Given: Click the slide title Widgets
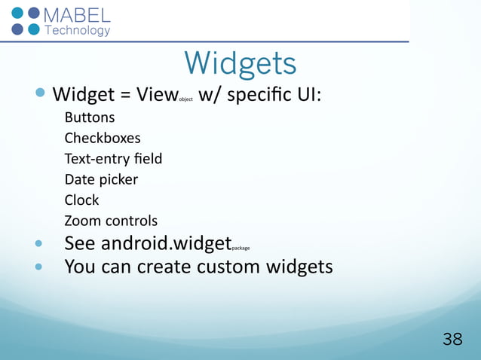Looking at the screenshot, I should tap(240, 63).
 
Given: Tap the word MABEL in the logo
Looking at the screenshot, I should tap(78, 16).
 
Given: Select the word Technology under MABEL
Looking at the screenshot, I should tap(78, 31).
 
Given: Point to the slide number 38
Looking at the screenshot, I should tap(452, 340).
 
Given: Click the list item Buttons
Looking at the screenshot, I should tap(89, 117).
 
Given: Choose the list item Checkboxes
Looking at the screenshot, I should tap(102, 139).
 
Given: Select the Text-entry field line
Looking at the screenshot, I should tap(113, 159).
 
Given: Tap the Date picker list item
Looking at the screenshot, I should tap(101, 180).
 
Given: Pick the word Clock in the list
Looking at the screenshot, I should tap(81, 200).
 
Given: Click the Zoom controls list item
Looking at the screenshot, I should tap(111, 221).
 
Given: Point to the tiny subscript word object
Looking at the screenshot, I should tap(185, 99).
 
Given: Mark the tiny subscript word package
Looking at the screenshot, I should tap(241, 247).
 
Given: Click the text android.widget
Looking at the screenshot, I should tap(166, 243).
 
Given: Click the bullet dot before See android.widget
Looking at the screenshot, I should tap(40, 244).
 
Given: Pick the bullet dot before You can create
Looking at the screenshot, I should tap(40, 267).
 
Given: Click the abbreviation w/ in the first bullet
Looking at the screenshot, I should tap(210, 96).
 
